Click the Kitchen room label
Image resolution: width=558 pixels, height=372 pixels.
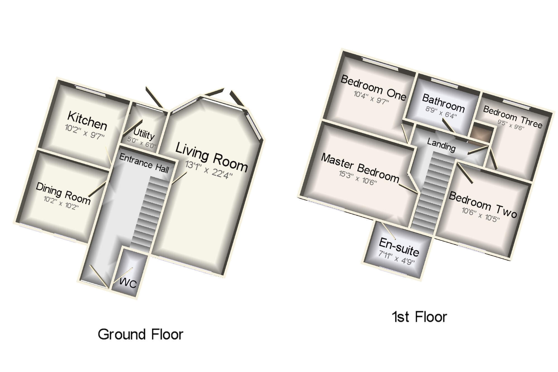87,121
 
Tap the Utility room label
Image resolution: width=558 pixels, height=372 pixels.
144,134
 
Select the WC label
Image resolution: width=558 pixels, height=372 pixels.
128,283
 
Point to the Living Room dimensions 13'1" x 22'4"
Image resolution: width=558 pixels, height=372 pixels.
209,170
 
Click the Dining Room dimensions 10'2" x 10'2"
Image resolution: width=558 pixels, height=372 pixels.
61,203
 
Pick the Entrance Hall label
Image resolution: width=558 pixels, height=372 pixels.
144,163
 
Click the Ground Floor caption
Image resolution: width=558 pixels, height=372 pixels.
140,334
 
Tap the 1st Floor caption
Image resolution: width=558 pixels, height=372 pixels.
419,317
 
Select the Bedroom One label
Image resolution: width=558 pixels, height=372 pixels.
373,88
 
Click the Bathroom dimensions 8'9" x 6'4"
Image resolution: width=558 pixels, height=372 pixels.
441,113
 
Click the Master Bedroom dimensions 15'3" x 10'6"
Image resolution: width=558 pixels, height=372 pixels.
358,178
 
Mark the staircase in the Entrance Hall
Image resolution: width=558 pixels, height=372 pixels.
151,212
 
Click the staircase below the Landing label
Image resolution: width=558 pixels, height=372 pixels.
430,193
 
